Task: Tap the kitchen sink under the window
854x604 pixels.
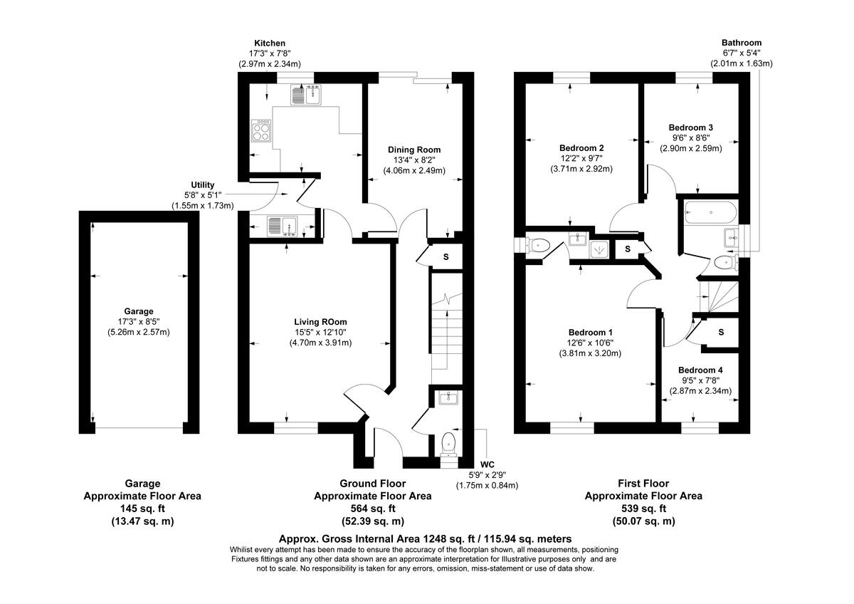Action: click(x=306, y=94)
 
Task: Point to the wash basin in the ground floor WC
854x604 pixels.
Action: click(x=448, y=397)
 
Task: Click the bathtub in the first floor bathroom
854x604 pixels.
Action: click(x=710, y=211)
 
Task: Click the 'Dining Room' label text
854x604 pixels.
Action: click(x=414, y=150)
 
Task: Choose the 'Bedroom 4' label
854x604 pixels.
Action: click(x=700, y=370)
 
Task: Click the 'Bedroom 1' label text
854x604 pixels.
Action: click(x=591, y=333)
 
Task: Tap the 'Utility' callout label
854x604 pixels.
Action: click(x=202, y=185)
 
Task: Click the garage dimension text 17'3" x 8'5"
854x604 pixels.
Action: click(x=139, y=322)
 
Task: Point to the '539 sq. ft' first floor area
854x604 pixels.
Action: click(x=643, y=509)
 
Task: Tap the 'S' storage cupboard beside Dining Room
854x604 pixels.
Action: click(x=446, y=256)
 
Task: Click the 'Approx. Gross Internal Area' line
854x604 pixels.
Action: click(x=424, y=539)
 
